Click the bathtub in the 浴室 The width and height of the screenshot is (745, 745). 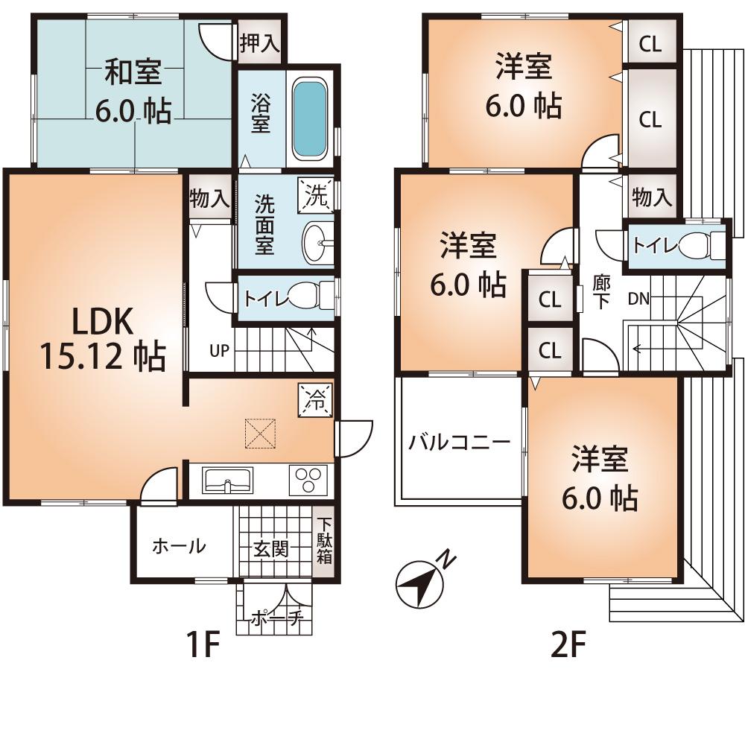308,119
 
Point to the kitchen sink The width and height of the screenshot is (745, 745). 227,481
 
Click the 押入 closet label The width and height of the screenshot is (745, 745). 259,43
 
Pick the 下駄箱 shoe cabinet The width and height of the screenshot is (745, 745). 324,542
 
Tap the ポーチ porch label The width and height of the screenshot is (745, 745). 275,618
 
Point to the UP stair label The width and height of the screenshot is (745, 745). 218,351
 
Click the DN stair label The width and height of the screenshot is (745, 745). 638,299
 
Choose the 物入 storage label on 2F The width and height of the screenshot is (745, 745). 652,197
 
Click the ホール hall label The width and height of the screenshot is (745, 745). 179,546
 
